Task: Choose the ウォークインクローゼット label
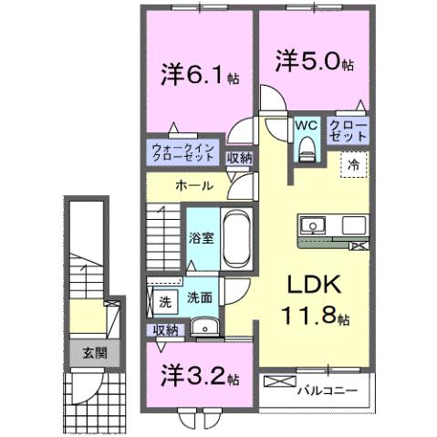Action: coord(184,151)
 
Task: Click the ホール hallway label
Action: coord(194,185)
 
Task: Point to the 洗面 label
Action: coord(200,297)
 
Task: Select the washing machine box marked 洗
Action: coord(165,301)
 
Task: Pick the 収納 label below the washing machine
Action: coord(165,329)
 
